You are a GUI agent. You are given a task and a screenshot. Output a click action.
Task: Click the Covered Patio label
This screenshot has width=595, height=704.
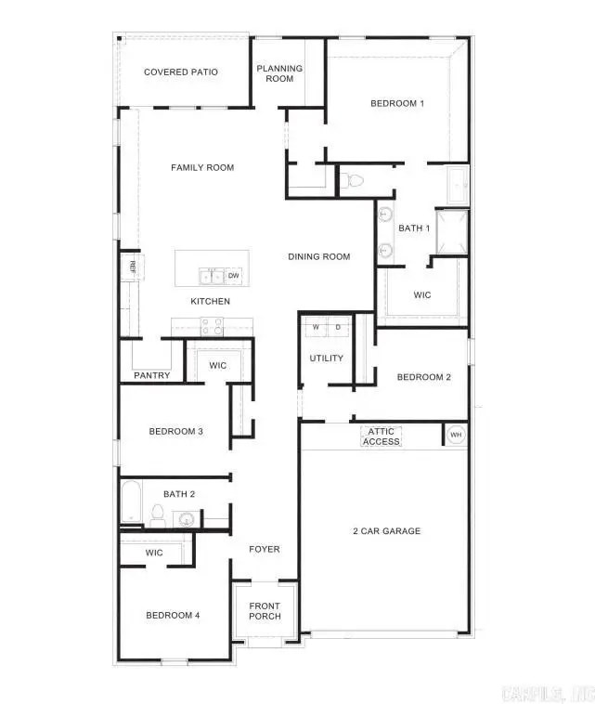pos(181,72)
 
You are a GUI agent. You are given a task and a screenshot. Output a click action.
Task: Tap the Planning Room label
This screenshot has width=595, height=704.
pos(279,73)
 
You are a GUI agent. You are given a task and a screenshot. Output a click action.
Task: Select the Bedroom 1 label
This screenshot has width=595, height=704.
pos(396,103)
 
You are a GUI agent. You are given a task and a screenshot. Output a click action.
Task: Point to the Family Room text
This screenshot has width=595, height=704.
pos(202,168)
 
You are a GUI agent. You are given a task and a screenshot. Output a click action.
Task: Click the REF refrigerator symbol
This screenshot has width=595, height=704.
pos(133,267)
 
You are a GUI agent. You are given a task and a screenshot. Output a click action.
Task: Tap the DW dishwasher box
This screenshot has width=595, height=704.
pos(234,276)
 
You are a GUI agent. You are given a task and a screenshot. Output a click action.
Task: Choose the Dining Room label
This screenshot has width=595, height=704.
pos(318,257)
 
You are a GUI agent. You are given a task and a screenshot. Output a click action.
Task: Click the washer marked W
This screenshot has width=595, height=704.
pos(315,327)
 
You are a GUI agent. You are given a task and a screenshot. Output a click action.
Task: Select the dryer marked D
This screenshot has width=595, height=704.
pos(337,327)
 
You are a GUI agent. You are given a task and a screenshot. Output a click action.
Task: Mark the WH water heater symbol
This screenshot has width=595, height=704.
pos(455,435)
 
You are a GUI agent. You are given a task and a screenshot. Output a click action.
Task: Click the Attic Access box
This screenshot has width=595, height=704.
pos(381,436)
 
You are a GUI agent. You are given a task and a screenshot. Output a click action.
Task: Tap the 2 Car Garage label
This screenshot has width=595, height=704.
pos(386,531)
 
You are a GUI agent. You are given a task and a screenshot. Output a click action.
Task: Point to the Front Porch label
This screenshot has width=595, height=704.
pos(265,611)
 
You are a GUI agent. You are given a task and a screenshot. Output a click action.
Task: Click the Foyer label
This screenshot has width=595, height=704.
pos(265,549)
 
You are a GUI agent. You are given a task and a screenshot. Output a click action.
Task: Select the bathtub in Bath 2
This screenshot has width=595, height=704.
pos(131,503)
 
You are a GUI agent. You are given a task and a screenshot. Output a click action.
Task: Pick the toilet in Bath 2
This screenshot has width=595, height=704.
pos(158,515)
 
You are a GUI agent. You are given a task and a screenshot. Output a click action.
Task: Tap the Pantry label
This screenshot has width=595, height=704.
pos(151,376)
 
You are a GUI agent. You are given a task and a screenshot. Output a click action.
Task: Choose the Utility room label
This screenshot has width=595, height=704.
pos(326,359)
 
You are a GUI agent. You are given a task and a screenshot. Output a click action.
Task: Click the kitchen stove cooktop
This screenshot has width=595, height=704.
pos(212,326)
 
